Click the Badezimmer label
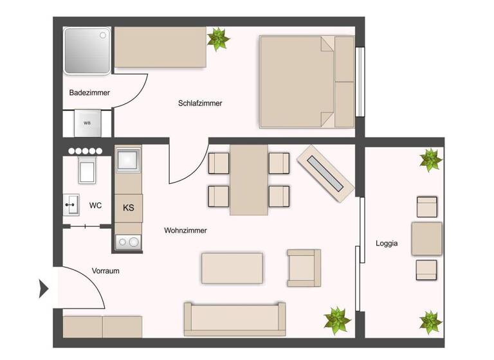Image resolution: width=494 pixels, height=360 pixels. point(89,93)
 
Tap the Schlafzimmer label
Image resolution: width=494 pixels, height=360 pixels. point(200,103)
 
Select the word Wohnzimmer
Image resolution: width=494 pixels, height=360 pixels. point(185,230)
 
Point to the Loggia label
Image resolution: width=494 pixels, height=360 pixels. point(387,244)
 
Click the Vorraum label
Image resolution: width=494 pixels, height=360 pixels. point(105,271)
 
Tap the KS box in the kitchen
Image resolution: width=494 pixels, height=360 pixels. point(129,208)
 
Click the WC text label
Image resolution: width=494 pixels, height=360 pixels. point(95,206)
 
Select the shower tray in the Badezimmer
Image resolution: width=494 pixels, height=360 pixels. point(87,50)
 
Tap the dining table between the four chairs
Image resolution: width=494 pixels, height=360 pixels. point(249,179)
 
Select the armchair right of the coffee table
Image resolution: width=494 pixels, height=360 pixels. point(304,267)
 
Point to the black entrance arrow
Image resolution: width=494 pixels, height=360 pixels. point(44,289)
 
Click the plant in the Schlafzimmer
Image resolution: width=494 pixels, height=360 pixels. point(219,39)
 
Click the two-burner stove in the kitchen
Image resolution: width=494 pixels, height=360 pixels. point(128,242)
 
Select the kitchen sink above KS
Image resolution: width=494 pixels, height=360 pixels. point(128,160)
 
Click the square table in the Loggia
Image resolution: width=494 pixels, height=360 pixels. point(426,239)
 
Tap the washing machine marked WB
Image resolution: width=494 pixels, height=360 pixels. point(87,123)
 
